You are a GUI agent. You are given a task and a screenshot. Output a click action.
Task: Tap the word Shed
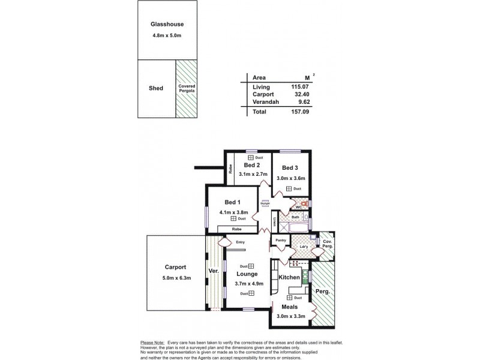156,88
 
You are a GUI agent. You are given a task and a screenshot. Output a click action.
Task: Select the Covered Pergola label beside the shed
187,88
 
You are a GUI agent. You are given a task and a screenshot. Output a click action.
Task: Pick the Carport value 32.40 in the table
298,94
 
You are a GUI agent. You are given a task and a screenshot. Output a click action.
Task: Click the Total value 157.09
297,112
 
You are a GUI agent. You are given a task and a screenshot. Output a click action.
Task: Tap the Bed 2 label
251,165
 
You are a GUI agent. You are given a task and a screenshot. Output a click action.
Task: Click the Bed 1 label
232,202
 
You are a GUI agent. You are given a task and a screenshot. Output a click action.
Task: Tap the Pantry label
281,241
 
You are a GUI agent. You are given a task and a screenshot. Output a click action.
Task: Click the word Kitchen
289,278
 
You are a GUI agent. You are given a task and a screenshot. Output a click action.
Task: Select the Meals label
290,307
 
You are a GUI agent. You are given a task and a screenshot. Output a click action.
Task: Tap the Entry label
240,242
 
